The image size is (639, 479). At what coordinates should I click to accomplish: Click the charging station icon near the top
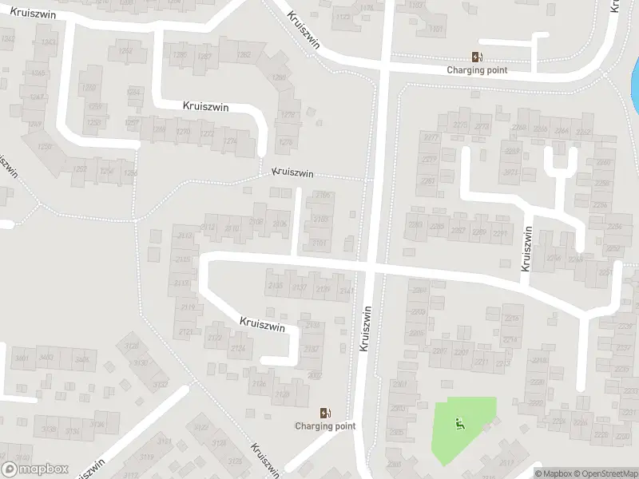pos(477,57)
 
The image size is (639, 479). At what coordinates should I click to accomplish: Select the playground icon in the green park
pos(458,424)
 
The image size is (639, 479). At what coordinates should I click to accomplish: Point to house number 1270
pos(183,131)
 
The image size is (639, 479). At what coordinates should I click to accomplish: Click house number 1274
pos(230,141)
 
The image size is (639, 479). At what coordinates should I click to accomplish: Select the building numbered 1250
pos(45,147)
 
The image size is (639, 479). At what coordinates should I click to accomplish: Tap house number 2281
pos(428,181)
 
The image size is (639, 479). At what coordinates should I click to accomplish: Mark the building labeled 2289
pos(478,232)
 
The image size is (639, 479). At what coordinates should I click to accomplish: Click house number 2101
pos(319,243)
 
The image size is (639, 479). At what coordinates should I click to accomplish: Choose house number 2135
pos(276,286)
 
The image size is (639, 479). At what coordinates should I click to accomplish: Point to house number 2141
pos(345,291)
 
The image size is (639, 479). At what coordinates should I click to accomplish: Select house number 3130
pos(141,362)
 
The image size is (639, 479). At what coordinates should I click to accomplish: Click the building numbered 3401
pos(22,358)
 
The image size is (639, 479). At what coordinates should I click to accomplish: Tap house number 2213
pos(502,363)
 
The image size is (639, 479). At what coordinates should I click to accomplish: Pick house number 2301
pos(400,384)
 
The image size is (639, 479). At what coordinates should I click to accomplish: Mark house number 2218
pos(540,361)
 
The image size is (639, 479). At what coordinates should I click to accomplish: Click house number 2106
pos(280,224)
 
